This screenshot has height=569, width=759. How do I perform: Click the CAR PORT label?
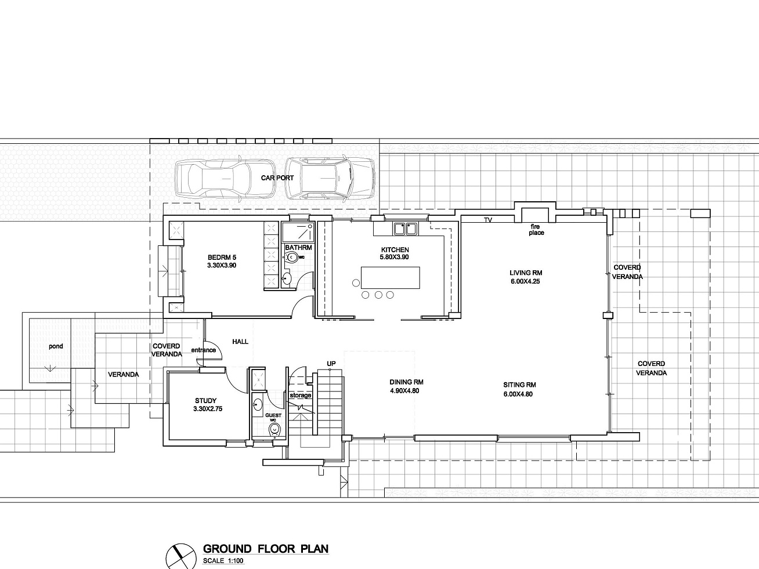click(x=277, y=178)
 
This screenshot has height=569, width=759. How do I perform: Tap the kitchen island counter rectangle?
click(x=391, y=277)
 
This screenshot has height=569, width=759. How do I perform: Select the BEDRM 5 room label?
click(x=222, y=258)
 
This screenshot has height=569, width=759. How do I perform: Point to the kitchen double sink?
click(x=405, y=229)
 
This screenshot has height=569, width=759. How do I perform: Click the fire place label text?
click(x=536, y=230)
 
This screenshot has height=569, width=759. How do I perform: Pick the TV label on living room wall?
click(x=488, y=220)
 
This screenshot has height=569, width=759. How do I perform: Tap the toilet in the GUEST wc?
click(x=274, y=429)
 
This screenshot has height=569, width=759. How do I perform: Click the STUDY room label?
click(x=206, y=401)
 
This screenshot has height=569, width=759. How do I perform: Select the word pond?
click(x=56, y=346)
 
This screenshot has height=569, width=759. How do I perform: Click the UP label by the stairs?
click(x=331, y=364)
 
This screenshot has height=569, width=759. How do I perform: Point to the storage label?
click(x=301, y=396)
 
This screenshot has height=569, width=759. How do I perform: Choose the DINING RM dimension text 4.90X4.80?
click(x=404, y=391)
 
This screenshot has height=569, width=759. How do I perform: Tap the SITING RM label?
click(x=519, y=385)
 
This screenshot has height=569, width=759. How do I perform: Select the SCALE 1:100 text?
click(x=223, y=561)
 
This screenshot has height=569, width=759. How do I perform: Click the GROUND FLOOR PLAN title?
click(x=266, y=549)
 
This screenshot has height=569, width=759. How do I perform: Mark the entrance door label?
click(x=203, y=350)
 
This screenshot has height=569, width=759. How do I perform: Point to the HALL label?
click(x=240, y=342)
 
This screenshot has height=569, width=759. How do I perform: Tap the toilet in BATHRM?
click(x=291, y=258)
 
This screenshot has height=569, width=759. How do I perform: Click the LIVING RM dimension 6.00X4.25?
click(x=525, y=281)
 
